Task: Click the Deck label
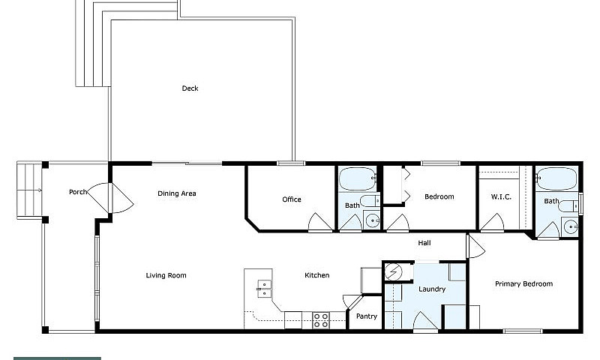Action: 190,88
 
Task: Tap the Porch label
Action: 78,192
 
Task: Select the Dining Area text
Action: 177,193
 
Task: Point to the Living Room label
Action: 166,275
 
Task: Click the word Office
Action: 292,199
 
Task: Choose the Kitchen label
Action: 316,275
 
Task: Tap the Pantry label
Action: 367,316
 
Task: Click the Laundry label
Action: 432,289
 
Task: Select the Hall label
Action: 424,243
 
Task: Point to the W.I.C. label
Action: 501,197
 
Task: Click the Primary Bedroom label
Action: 523,283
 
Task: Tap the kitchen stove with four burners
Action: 321,320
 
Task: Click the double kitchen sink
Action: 264,289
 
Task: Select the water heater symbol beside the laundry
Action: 393,272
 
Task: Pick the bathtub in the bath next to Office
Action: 358,178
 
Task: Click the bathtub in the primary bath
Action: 556,178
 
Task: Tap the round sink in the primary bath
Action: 571,227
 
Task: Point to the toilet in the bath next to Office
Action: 370,201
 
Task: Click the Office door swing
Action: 320,222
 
